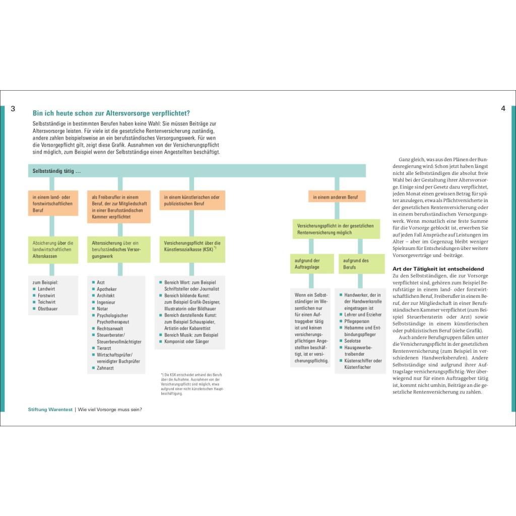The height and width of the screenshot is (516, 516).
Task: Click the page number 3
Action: (x=13, y=108)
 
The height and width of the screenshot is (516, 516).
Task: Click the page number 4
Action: (x=503, y=108)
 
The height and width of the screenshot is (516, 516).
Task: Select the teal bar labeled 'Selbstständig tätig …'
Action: (x=197, y=171)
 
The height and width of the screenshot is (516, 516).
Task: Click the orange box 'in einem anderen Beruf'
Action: (x=337, y=197)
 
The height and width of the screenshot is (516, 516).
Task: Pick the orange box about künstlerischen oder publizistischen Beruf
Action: (x=192, y=200)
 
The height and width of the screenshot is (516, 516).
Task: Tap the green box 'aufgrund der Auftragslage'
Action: (x=311, y=264)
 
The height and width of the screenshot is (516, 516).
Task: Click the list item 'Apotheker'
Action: (x=107, y=289)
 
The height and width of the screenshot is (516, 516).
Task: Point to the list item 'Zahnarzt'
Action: (x=105, y=368)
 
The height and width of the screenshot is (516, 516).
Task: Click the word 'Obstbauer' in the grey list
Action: (x=48, y=308)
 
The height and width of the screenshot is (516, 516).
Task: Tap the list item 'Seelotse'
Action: (x=353, y=341)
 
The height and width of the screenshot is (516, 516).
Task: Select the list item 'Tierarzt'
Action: (x=104, y=348)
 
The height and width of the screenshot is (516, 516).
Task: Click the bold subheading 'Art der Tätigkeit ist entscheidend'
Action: (x=438, y=269)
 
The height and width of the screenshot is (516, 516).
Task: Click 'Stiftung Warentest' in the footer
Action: (x=50, y=409)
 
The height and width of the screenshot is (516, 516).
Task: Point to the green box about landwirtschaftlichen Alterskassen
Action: (x=53, y=249)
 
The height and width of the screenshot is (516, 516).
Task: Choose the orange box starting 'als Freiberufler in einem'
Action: (x=118, y=207)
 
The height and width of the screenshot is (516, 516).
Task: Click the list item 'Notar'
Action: (x=102, y=309)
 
